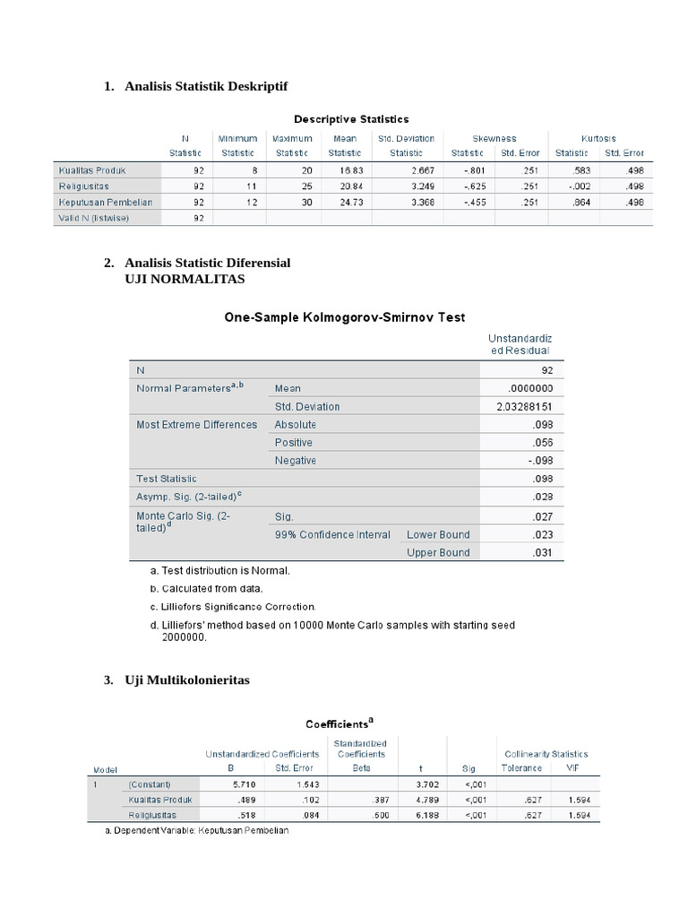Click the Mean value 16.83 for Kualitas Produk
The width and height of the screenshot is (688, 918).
[x=345, y=169]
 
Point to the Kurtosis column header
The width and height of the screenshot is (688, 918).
[x=598, y=139]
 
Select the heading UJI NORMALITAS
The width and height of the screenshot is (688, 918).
[x=184, y=279]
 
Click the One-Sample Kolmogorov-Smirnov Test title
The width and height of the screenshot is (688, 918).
[x=339, y=317]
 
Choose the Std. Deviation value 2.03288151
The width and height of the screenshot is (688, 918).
[x=524, y=406]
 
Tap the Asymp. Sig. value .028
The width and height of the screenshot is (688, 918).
[x=542, y=497]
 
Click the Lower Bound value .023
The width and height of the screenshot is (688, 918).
[x=542, y=534]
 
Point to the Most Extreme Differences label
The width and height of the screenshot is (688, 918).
[x=196, y=425]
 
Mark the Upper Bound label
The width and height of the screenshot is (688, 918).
[x=438, y=553]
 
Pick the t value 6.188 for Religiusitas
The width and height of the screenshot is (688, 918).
[x=424, y=815]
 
